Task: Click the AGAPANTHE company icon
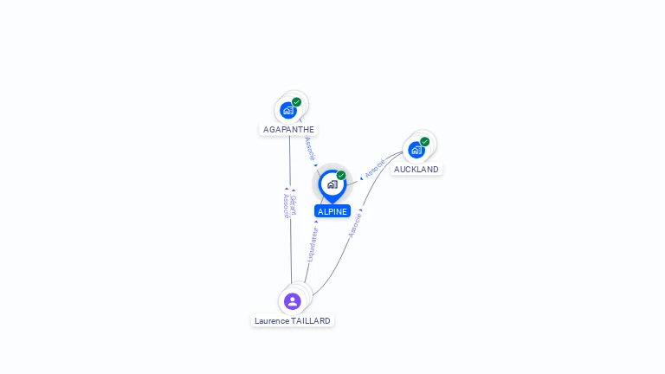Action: pyautogui.click(x=288, y=110)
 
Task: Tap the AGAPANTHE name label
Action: pyautogui.click(x=288, y=130)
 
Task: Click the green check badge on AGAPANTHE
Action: pyautogui.click(x=297, y=102)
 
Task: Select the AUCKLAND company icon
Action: pyautogui.click(x=416, y=150)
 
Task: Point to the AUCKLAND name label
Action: pyautogui.click(x=416, y=170)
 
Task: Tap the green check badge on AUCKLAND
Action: pyautogui.click(x=425, y=142)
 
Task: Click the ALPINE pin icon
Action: pyautogui.click(x=332, y=184)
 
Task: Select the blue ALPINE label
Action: pyautogui.click(x=332, y=211)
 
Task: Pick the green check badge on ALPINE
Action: pyautogui.click(x=341, y=176)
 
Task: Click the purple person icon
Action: pyautogui.click(x=293, y=301)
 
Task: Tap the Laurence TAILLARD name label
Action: pyautogui.click(x=293, y=321)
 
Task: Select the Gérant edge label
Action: pyautogui.click(x=294, y=205)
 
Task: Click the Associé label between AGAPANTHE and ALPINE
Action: pyautogui.click(x=310, y=149)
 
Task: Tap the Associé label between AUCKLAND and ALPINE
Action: pyautogui.click(x=374, y=168)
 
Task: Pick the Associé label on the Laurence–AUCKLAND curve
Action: pyautogui.click(x=354, y=224)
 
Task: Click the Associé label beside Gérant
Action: pyautogui.click(x=286, y=205)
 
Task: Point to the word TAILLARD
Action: pyautogui.click(x=311, y=321)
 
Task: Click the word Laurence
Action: pyautogui.click(x=271, y=321)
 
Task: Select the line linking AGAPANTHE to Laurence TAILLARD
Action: pyautogui.click(x=290, y=242)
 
